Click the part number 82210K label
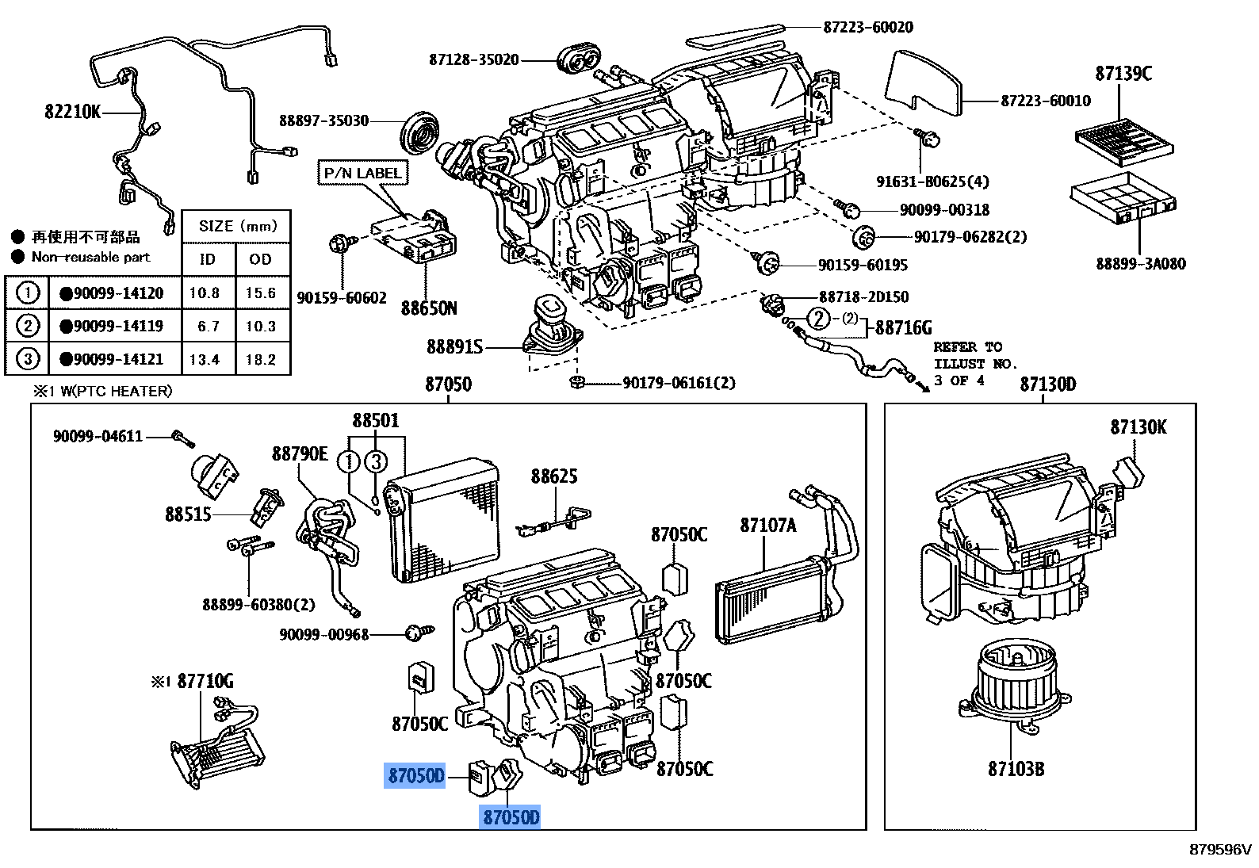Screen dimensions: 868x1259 tap(72, 112)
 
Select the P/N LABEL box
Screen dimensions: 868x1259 tap(362, 173)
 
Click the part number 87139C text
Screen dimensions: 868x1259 tap(1123, 74)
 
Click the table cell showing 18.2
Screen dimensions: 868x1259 tap(260, 359)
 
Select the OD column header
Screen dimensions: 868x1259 tap(260, 258)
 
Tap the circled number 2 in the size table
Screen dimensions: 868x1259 tap(27, 326)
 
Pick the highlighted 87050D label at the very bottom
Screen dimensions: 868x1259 tap(511, 816)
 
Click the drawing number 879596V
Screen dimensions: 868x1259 tap(1219, 850)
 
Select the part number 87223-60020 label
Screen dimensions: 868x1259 tap(867, 27)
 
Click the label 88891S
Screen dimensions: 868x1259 tap(453, 347)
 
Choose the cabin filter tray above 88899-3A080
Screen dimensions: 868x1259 tap(1121, 201)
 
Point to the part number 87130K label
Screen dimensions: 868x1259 tap(1138, 427)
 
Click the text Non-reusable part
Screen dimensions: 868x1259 tap(90, 257)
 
